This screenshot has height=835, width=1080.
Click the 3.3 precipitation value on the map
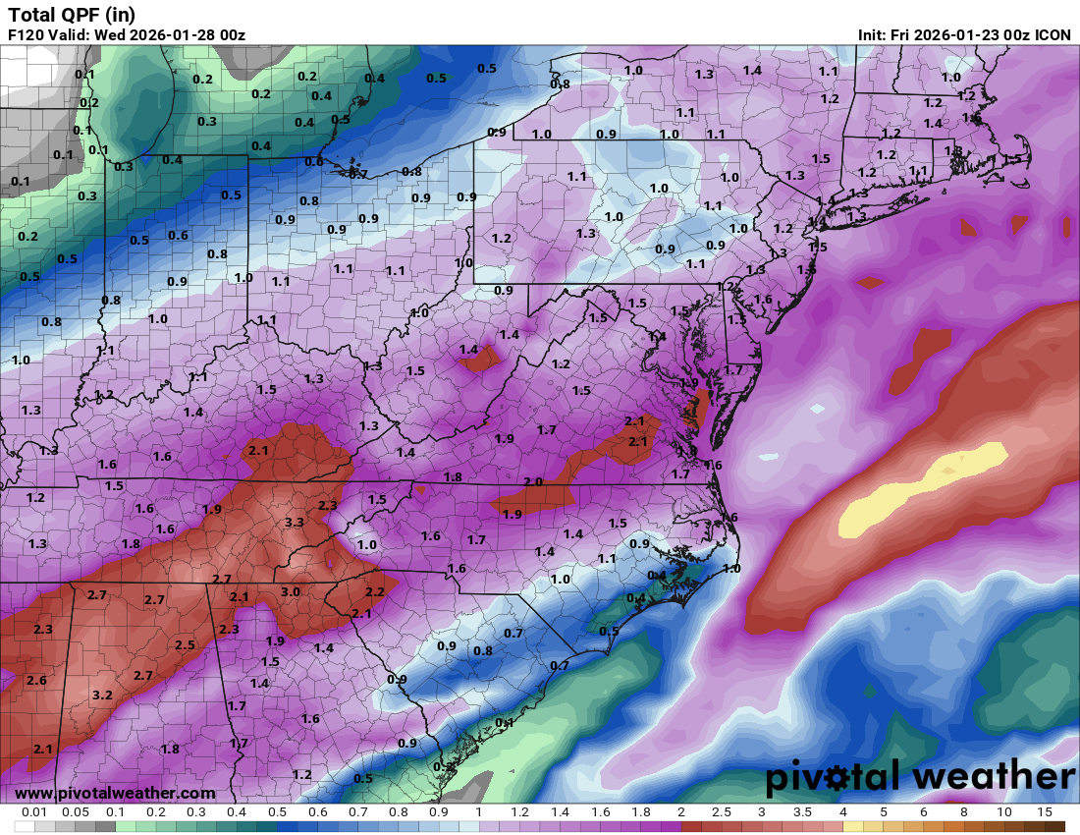294,523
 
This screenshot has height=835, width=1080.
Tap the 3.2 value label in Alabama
102,695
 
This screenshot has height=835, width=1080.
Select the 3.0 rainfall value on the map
291,591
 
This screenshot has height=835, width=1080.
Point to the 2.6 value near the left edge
37,681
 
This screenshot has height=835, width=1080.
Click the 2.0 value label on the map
533,481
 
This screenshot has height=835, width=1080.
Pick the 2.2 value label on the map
374,592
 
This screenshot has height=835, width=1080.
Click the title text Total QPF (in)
72,15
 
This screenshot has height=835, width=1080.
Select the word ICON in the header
1053,35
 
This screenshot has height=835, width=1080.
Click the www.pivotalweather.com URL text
115,793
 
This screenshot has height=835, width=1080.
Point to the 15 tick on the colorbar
1045,812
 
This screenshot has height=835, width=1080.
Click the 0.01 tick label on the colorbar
34,812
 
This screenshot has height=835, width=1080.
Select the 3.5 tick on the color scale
803,812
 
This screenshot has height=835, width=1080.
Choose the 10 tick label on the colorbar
1004,812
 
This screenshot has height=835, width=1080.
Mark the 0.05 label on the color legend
75,812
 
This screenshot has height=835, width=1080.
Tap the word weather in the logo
993,777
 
